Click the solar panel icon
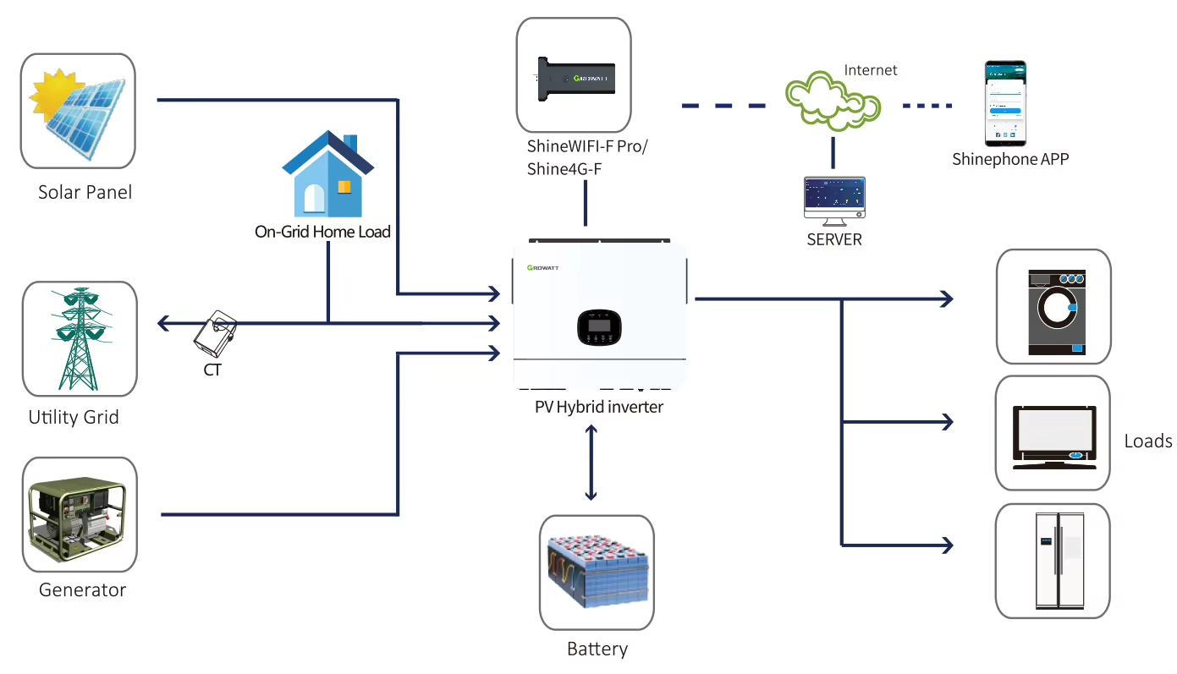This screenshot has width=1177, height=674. pyautogui.click(x=79, y=110)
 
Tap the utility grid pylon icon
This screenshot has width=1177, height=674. pyautogui.click(x=80, y=338)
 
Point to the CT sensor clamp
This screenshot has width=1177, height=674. pyautogui.click(x=214, y=334)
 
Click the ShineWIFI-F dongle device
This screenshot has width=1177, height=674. pyautogui.click(x=573, y=78)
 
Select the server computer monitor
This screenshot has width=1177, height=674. pyautogui.click(x=833, y=199)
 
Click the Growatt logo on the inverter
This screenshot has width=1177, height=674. pyautogui.click(x=542, y=267)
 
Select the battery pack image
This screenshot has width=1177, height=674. pyautogui.click(x=597, y=573)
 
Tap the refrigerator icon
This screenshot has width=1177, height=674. pyautogui.click(x=1053, y=560)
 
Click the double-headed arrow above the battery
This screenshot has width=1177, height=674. pyautogui.click(x=591, y=463)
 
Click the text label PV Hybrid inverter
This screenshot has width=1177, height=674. pyautogui.click(x=599, y=407)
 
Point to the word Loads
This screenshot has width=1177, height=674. pyautogui.click(x=1147, y=441)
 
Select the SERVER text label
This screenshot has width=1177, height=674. pyautogui.click(x=833, y=240)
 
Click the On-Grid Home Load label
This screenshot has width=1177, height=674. pyautogui.click(x=322, y=231)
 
